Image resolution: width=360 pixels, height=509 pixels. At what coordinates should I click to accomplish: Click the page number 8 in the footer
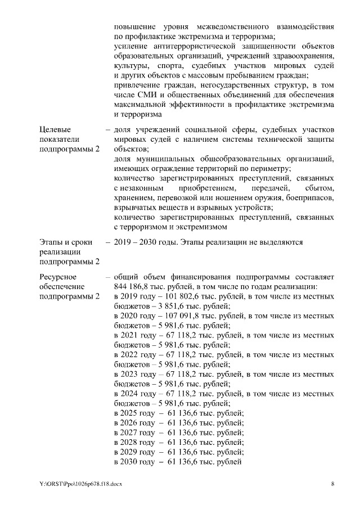click(x=332, y=484)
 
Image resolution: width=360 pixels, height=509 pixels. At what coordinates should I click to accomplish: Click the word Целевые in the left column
click(x=55, y=130)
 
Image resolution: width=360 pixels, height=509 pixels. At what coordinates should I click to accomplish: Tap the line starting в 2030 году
click(x=178, y=462)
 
